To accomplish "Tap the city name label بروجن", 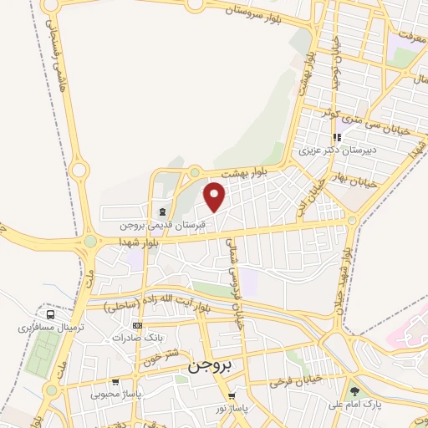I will coord(207,365).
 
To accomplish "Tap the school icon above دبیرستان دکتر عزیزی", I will coord(337,137).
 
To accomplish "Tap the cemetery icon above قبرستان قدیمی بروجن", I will coord(160,211).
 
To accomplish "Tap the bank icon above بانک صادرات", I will coord(139,325).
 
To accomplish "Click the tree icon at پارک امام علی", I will coord(355,390).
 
